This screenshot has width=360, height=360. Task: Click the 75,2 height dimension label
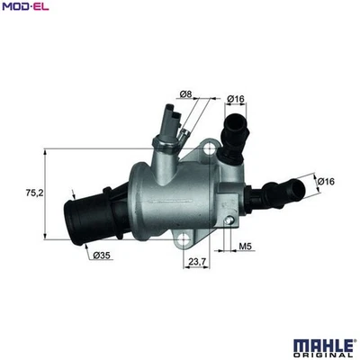[x=32, y=193]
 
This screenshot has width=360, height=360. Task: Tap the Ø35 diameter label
[x=102, y=256]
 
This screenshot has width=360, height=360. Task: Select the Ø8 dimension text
[x=185, y=94]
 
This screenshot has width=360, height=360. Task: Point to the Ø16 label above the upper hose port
[x=237, y=98]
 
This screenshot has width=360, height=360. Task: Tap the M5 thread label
[x=246, y=245]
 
